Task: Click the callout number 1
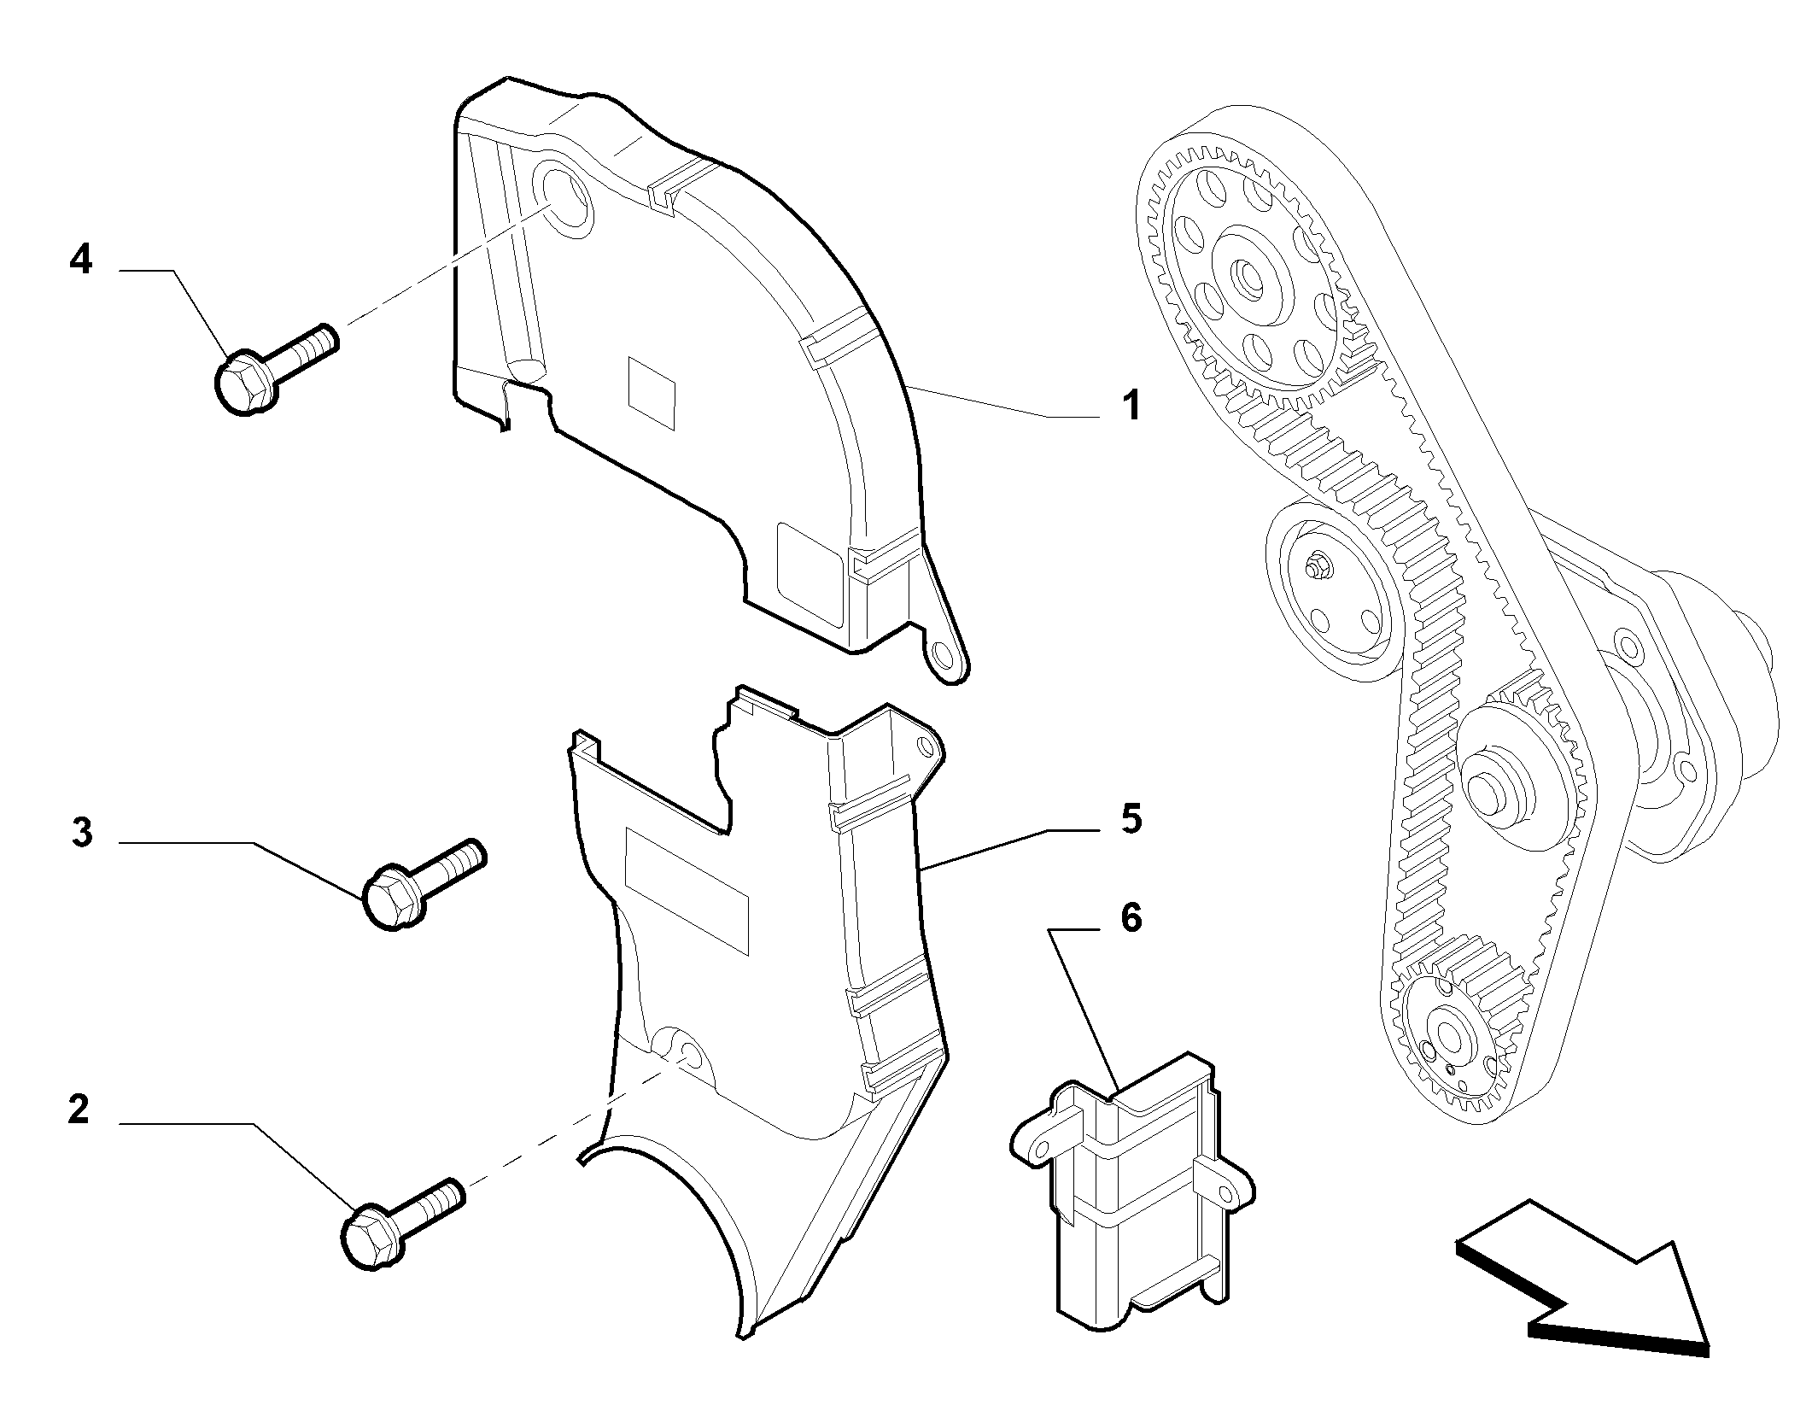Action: (x=1131, y=405)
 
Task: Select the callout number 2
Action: (x=79, y=1109)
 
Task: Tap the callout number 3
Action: (x=82, y=832)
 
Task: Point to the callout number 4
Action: (x=80, y=258)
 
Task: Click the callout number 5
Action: (x=1131, y=819)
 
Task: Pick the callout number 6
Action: (x=1131, y=919)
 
